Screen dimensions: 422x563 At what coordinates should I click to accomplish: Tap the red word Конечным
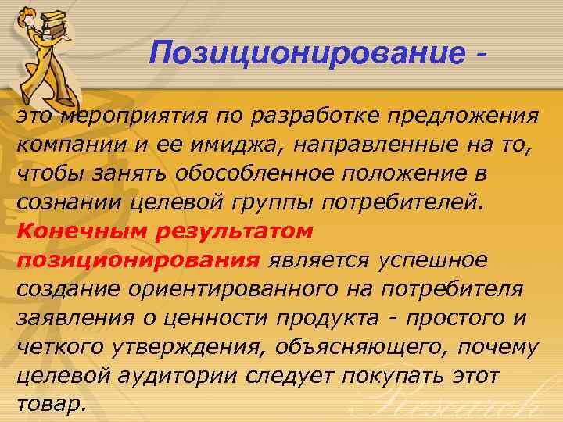pyautogui.click(x=77, y=231)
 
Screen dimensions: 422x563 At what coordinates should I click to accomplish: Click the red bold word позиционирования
pyautogui.click(x=138, y=259)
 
